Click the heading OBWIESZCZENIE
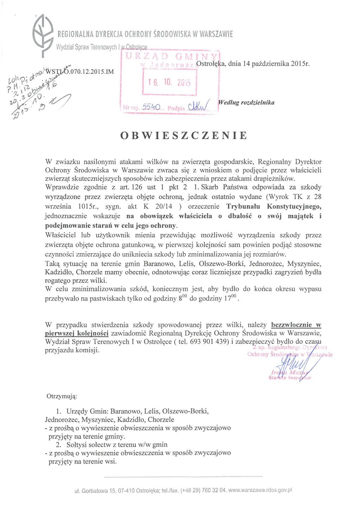[184, 136]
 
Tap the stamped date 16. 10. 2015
[169, 82]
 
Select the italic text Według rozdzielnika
[246, 102]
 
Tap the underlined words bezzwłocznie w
[296, 325]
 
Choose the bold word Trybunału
[243, 206]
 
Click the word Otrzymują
[62, 396]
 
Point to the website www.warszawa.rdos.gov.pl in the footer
[260, 490]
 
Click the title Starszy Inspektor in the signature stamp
[290, 378]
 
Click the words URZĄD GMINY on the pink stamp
[171, 56]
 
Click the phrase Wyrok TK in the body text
[285, 197]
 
